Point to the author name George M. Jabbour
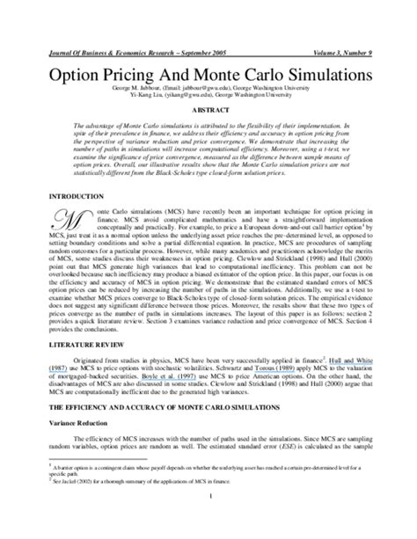click(x=97, y=89)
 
